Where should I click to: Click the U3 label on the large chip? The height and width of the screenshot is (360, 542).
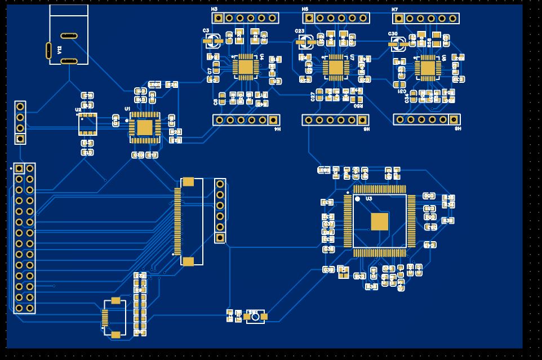(369, 199)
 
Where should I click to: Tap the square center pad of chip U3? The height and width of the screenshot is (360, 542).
(380, 222)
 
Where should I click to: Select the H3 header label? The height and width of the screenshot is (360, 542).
(214, 10)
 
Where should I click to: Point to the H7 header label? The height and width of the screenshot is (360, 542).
(394, 10)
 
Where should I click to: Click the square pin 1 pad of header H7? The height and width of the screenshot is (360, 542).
(399, 19)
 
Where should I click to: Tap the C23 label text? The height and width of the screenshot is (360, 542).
(300, 31)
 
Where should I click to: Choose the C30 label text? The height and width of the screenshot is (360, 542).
(393, 34)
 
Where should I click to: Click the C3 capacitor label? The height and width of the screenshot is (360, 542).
(206, 30)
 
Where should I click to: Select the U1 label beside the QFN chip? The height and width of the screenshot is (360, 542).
(127, 108)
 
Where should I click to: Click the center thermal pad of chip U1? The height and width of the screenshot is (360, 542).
(145, 128)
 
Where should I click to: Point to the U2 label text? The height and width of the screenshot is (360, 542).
(78, 110)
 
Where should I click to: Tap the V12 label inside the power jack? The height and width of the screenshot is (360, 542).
(60, 50)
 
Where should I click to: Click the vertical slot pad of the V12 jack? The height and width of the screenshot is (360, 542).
(48, 50)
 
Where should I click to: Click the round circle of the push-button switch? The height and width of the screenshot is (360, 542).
(255, 317)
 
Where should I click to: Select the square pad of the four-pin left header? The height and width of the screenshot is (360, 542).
(20, 139)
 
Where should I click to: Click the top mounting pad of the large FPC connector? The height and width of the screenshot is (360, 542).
(188, 181)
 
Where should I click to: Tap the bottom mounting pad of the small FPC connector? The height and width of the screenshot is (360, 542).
(115, 335)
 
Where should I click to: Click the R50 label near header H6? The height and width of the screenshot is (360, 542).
(358, 105)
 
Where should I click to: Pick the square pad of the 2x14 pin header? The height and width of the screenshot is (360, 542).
(19, 168)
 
